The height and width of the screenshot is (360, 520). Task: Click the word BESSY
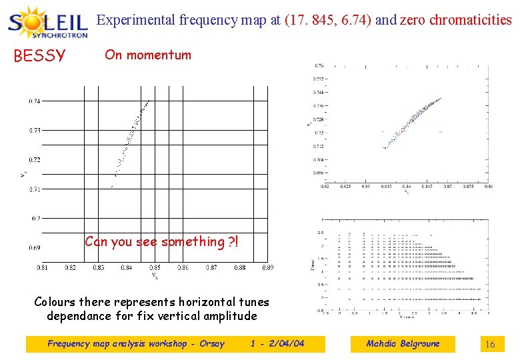[x=39, y=56]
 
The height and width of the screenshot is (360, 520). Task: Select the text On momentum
[x=147, y=55]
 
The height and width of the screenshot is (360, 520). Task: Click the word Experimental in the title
[x=136, y=20]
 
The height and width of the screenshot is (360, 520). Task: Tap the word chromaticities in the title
[x=471, y=20]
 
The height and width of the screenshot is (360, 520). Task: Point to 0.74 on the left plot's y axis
[x=34, y=101]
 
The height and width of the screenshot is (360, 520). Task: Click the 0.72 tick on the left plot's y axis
[x=34, y=160]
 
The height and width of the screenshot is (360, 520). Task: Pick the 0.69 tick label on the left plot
[x=34, y=247]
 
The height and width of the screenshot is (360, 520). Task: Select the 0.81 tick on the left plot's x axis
[x=41, y=268]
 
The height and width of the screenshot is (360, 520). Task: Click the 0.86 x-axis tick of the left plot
[x=183, y=268]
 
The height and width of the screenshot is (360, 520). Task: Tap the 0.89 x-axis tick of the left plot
[x=267, y=268]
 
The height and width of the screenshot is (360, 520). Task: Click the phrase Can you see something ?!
[x=161, y=241]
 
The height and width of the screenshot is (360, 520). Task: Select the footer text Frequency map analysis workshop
[x=119, y=344]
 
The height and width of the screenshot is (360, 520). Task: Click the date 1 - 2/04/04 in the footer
[x=277, y=344]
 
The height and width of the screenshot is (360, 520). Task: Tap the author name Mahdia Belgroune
[x=403, y=344]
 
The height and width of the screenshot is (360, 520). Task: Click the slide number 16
[x=490, y=345]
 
